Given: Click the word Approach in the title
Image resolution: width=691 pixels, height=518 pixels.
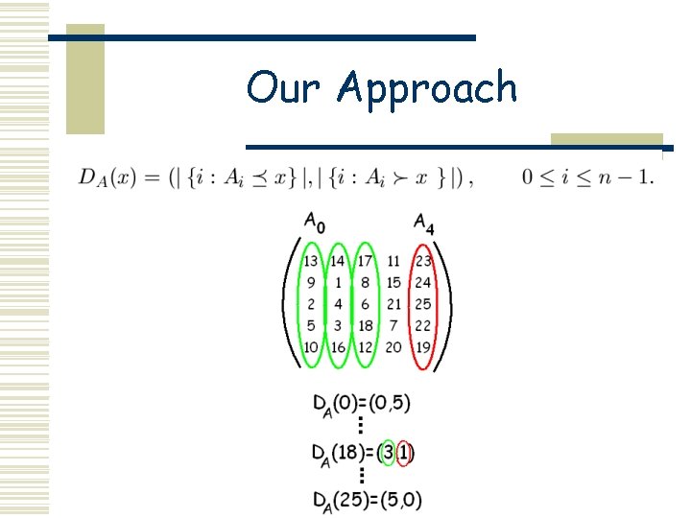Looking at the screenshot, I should coord(427,88).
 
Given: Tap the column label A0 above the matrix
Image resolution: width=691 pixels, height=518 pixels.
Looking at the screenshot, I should coord(314,223).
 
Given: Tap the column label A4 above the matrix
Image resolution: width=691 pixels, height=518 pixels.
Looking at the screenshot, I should coord(423,223).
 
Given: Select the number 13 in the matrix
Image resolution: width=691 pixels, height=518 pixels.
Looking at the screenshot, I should coord(311,261).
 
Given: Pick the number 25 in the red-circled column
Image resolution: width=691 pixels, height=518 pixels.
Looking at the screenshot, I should coord(422,304).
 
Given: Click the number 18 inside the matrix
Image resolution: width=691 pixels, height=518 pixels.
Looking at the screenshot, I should coord(365,326).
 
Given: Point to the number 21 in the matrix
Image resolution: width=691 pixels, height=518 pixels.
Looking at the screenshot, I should coord(393,304).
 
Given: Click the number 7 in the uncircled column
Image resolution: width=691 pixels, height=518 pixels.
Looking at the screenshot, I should coord(393,326).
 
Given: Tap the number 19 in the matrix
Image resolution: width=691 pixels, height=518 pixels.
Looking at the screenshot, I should coord(422,347).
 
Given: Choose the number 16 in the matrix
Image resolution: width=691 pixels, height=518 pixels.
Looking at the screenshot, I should coord(338,347).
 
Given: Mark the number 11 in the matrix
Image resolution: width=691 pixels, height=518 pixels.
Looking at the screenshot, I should coord(393,261).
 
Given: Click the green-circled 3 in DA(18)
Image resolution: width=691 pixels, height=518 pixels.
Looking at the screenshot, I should coord(388,451).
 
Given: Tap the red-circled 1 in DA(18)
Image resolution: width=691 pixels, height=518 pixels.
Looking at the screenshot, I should coord(405,451).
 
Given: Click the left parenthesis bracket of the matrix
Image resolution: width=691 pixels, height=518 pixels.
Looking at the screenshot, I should coord(288,304).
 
